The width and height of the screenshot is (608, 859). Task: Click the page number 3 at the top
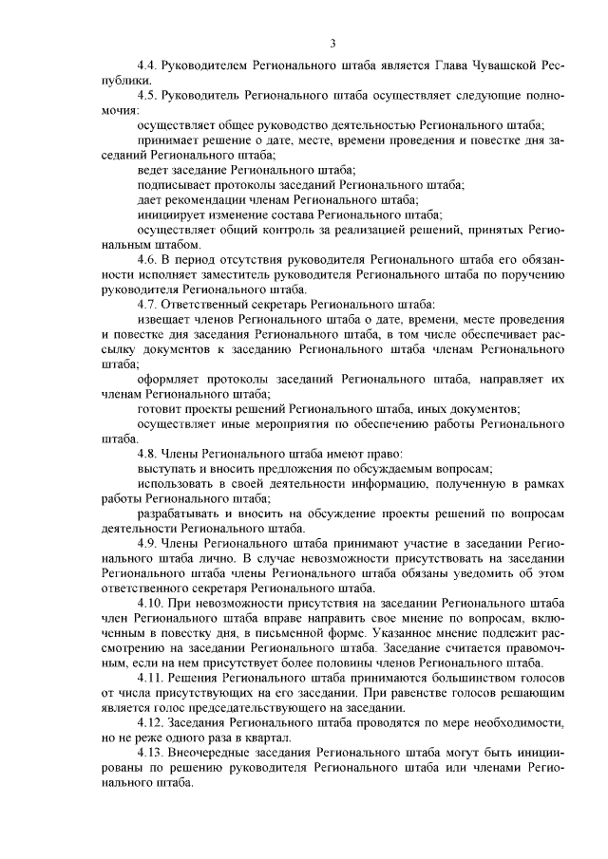(332, 43)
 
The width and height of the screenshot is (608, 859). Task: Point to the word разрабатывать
(178, 512)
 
